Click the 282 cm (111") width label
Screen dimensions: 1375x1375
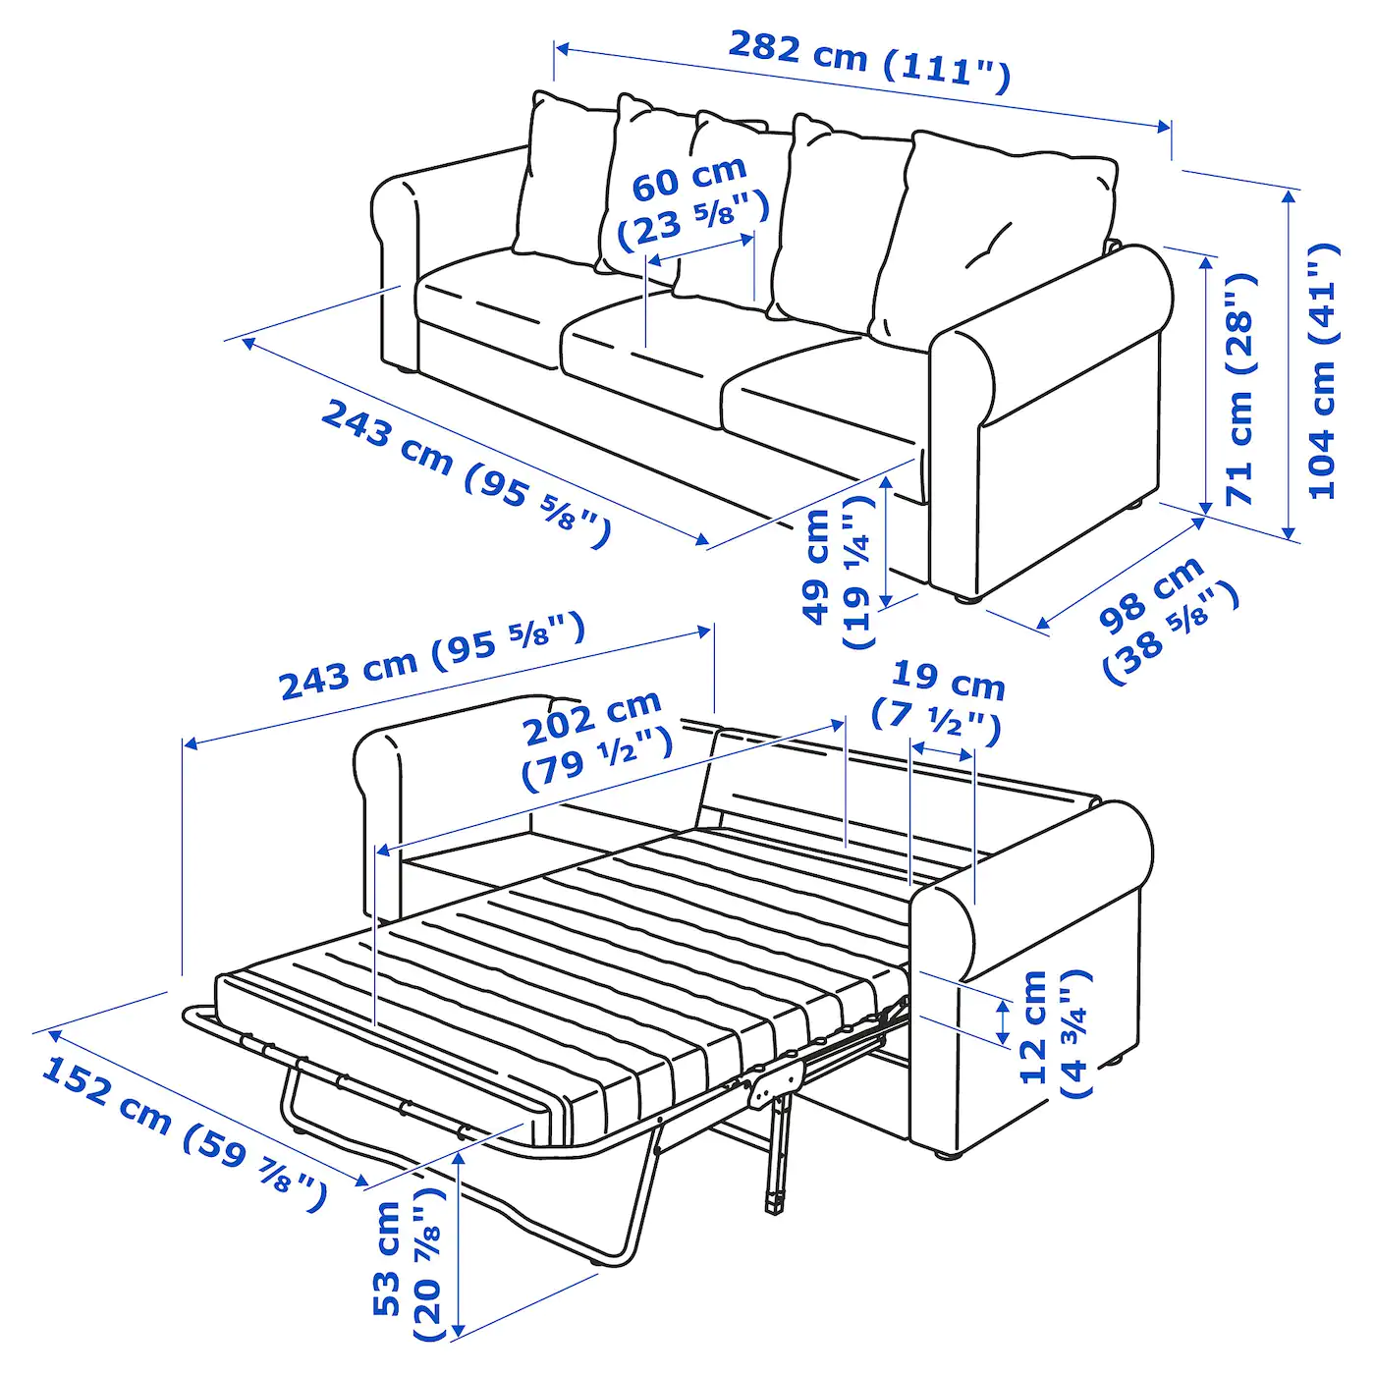click(868, 60)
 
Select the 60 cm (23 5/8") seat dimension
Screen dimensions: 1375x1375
click(690, 200)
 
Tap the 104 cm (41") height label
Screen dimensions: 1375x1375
click(1322, 371)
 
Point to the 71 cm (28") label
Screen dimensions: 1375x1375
click(1239, 389)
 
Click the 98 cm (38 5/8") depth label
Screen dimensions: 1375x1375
click(1168, 619)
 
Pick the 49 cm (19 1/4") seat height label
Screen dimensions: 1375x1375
click(838, 570)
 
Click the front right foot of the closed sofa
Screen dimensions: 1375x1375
click(963, 595)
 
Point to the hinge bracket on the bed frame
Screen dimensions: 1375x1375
click(772, 1084)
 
